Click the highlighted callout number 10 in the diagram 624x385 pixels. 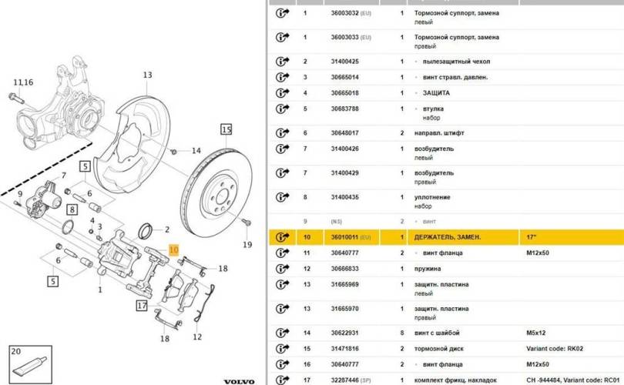pyautogui.click(x=173, y=250)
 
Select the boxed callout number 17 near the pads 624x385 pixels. pyautogui.click(x=141, y=306)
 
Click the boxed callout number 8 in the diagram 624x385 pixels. pyautogui.click(x=72, y=208)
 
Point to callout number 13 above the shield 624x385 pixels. pyautogui.click(x=147, y=75)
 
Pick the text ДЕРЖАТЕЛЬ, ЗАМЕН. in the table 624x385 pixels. pyautogui.click(x=448, y=236)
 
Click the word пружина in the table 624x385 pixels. pyautogui.click(x=428, y=269)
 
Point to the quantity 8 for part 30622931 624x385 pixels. pyautogui.click(x=402, y=333)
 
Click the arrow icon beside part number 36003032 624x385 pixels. pyautogui.click(x=281, y=13)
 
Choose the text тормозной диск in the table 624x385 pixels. pyautogui.click(x=441, y=349)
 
